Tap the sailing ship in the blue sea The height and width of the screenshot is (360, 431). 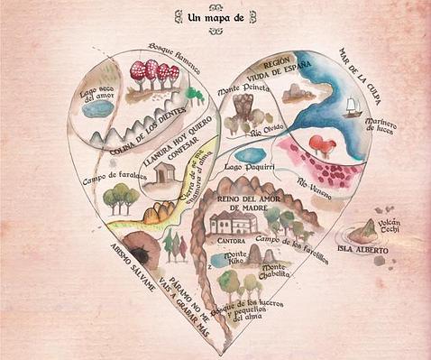[352, 106]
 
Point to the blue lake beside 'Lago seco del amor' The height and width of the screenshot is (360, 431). [99, 108]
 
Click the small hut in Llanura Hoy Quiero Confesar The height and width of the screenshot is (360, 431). [166, 172]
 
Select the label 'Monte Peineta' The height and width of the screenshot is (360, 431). [243, 90]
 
